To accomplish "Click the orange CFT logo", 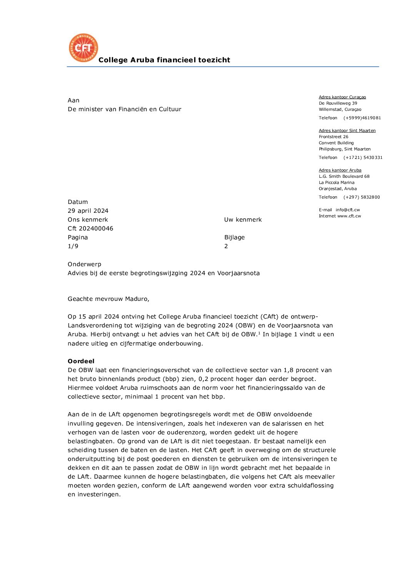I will [83, 48].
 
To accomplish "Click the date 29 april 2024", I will [88, 211].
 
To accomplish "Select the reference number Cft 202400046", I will [90, 229].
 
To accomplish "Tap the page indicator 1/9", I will [73, 246].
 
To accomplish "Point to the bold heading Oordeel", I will [81, 361].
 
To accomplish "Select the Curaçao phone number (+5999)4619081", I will [362, 118].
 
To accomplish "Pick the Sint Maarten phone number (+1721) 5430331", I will [363, 158].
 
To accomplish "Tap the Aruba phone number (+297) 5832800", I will [362, 197].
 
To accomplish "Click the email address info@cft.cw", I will [348, 210].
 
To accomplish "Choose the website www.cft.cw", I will [349, 216].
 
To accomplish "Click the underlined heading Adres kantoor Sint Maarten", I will [347, 131].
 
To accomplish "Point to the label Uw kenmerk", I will [243, 220].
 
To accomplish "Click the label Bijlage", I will [234, 237].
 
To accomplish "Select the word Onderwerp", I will [84, 264].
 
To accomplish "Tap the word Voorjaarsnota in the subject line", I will [239, 273].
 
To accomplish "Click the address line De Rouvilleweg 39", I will [338, 104].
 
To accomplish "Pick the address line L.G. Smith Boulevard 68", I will [344, 177].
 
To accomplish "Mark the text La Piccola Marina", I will [337, 183].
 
